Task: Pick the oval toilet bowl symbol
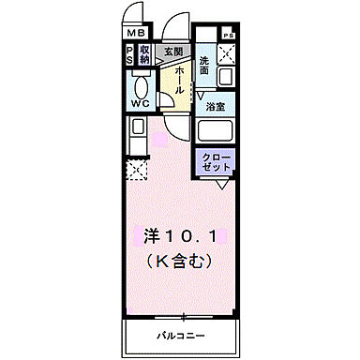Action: [141, 82]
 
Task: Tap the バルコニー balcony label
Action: [180, 335]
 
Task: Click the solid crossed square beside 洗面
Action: [226, 53]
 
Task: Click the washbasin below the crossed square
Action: [226, 76]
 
